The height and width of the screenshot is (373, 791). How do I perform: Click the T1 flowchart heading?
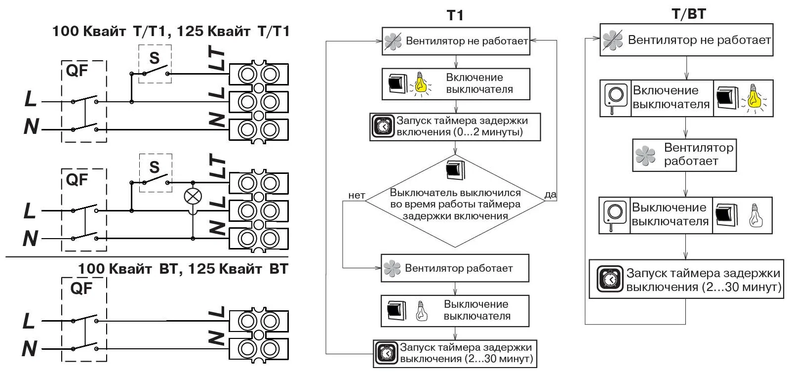pyautogui.click(x=455, y=15)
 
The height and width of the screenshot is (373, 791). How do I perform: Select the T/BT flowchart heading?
pyautogui.click(x=689, y=14)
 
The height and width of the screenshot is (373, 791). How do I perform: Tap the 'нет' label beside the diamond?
pyautogui.click(x=356, y=196)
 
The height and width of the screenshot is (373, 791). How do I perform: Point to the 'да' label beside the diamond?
pyautogui.click(x=551, y=195)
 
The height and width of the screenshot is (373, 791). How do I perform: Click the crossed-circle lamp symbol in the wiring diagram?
pyautogui.click(x=193, y=197)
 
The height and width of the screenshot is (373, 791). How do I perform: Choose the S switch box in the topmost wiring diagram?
pyautogui.click(x=155, y=64)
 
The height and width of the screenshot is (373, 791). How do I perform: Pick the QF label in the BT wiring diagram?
pyautogui.click(x=81, y=288)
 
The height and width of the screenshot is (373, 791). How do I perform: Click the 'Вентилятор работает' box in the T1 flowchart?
pyautogui.click(x=455, y=268)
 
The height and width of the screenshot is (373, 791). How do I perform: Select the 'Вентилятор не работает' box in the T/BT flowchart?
pyautogui.click(x=686, y=40)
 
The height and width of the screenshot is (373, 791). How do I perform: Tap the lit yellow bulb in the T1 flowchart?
pyautogui.click(x=420, y=83)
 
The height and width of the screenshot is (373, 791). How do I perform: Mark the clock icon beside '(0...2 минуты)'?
pyautogui.click(x=383, y=126)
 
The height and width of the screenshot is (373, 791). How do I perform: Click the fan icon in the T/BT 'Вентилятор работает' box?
pyautogui.click(x=645, y=155)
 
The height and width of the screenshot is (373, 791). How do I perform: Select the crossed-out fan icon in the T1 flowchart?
pyautogui.click(x=393, y=41)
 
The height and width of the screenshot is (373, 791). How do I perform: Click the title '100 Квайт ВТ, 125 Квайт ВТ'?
pyautogui.click(x=183, y=269)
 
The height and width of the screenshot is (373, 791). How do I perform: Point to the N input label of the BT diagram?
pyautogui.click(x=30, y=349)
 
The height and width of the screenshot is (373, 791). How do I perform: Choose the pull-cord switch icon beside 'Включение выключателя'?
pyautogui.click(x=615, y=98)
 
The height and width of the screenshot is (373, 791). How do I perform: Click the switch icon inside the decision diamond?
pyautogui.click(x=455, y=169)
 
